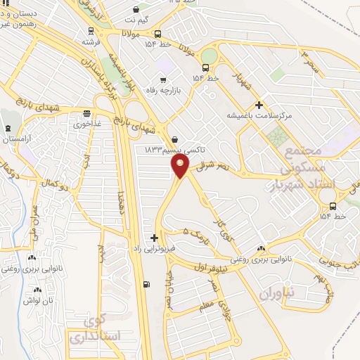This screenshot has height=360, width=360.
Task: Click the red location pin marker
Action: click(181, 165)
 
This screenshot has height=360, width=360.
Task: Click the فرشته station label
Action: click(91, 41)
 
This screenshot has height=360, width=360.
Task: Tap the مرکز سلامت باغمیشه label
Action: click(257, 115)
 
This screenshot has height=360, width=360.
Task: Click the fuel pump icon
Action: click(146, 284)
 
